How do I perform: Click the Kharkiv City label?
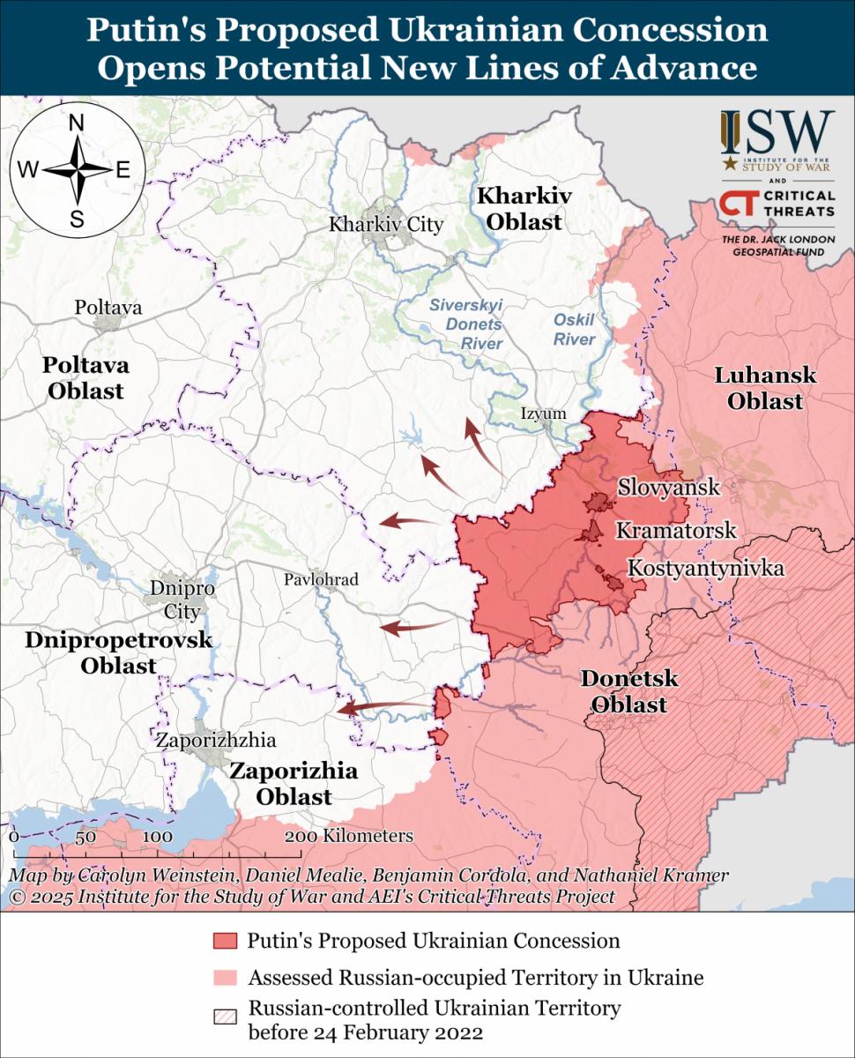tap(385, 225)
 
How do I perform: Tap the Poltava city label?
tap(108, 309)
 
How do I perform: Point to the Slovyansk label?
tap(668, 487)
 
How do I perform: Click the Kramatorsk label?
tap(675, 531)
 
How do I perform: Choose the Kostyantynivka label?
tap(705, 569)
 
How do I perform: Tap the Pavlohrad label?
tap(321, 579)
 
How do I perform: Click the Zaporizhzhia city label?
tap(215, 740)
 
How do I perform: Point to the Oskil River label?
tap(575, 329)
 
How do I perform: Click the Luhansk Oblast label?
tap(764, 388)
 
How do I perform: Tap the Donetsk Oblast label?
tap(628, 692)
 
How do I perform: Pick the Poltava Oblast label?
tap(85, 377)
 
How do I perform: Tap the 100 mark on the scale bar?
tap(157, 837)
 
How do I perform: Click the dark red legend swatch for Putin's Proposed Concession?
tap(226, 941)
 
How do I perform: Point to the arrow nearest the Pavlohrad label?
tap(413, 627)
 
